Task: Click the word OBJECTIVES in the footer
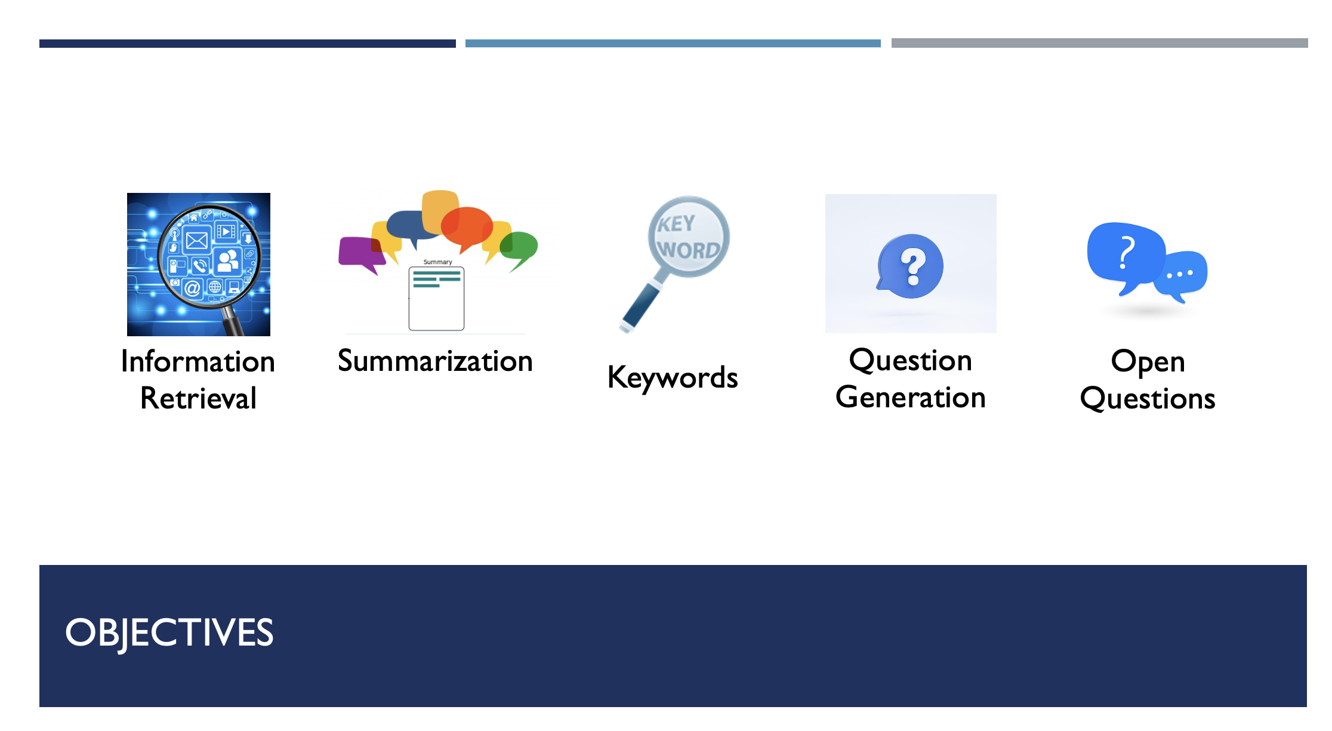click(x=169, y=633)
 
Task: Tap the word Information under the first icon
click(x=198, y=361)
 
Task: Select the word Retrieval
click(x=198, y=398)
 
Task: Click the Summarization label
click(x=435, y=361)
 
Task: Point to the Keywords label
click(x=673, y=377)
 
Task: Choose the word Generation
click(x=911, y=397)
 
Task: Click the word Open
click(x=1148, y=362)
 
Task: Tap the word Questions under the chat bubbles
click(x=1148, y=398)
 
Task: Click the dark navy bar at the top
click(x=248, y=44)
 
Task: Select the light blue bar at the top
click(x=673, y=44)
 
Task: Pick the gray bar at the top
click(x=1100, y=43)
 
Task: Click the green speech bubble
click(x=519, y=248)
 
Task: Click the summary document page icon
click(x=436, y=299)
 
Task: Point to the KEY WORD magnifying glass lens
click(x=689, y=237)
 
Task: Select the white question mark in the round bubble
click(x=913, y=266)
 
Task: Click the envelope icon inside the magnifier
click(x=197, y=241)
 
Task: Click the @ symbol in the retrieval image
click(x=192, y=288)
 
